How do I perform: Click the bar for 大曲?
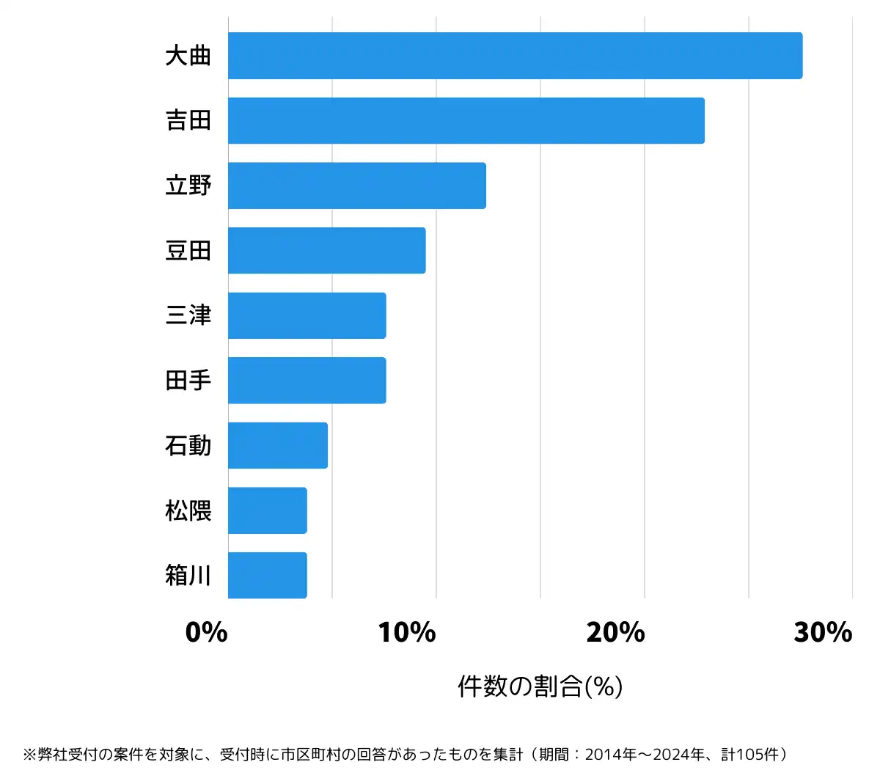[515, 56]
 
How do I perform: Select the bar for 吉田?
[466, 121]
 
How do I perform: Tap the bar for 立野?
[357, 186]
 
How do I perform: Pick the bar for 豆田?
[327, 251]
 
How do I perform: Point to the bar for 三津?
[307, 315]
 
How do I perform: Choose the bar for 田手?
[307, 381]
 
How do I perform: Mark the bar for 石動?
[278, 445]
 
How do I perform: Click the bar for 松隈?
[268, 510]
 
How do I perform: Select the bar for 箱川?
[268, 575]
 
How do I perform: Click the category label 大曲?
[188, 56]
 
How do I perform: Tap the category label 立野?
[188, 186]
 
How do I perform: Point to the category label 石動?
[188, 445]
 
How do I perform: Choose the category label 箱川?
[188, 575]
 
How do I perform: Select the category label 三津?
[188, 315]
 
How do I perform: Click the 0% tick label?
[207, 632]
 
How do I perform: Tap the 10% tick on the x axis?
[407, 632]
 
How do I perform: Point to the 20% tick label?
[615, 632]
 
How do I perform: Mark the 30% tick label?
[823, 632]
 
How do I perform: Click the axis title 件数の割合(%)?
[540, 686]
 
